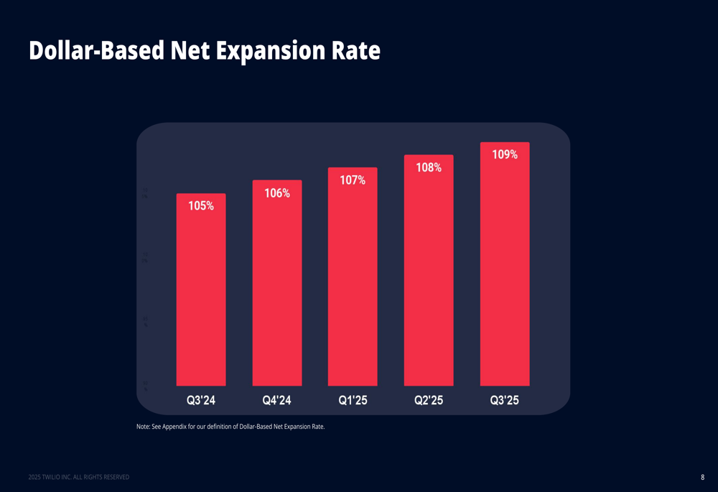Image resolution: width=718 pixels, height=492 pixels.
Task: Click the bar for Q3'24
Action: (x=201, y=294)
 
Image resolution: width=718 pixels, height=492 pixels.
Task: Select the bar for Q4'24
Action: (x=277, y=287)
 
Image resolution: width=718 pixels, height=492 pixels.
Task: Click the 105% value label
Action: (x=201, y=206)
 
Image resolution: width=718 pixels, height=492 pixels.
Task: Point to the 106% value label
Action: (x=277, y=193)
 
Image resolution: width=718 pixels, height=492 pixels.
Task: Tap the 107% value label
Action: (x=353, y=180)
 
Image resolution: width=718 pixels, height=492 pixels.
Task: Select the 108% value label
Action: (x=429, y=167)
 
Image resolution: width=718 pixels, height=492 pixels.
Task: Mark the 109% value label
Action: (x=505, y=154)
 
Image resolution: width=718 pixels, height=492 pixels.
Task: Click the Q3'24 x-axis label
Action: (x=201, y=401)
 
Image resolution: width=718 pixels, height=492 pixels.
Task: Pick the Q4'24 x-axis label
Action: (x=277, y=401)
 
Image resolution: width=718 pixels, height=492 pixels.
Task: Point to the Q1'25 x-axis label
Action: (x=353, y=401)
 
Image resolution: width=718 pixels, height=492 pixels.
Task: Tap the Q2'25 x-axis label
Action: (x=429, y=401)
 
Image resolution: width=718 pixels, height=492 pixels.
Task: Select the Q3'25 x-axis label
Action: (x=505, y=401)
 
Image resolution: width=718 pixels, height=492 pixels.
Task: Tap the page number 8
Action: (x=702, y=477)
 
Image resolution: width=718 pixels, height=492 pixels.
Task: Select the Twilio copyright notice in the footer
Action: (x=79, y=477)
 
